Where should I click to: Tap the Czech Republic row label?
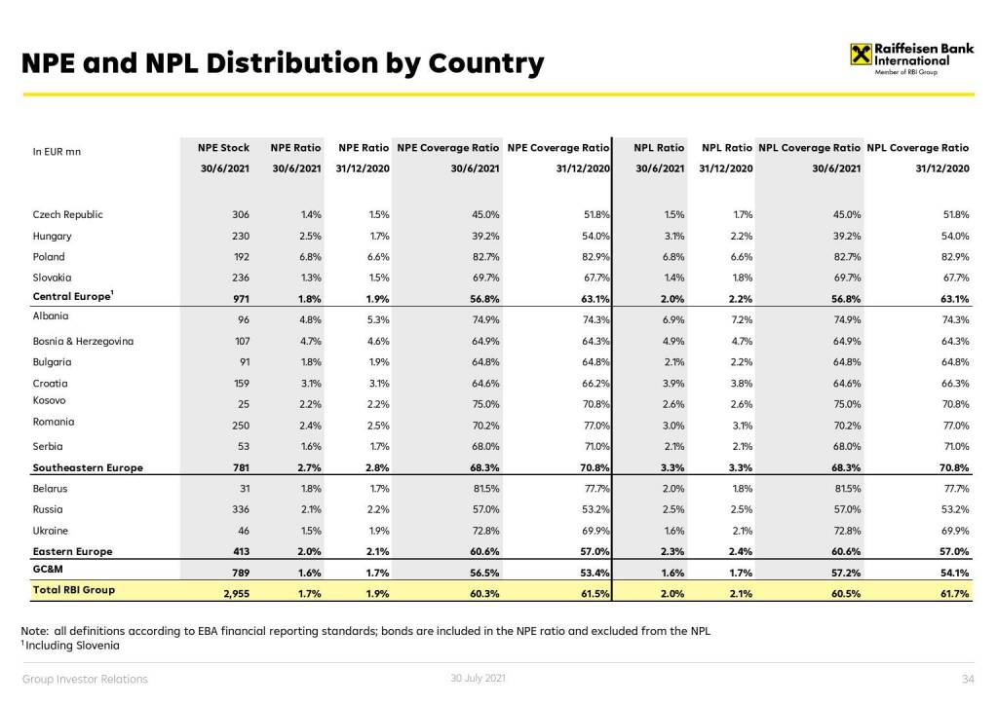point(67,214)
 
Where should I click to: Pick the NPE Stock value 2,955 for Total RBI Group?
point(234,591)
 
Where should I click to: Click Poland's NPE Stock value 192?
point(240,257)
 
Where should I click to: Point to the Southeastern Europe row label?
point(87,467)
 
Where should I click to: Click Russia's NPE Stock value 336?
point(240,509)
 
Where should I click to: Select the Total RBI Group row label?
point(74,590)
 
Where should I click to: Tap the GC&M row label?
point(48,570)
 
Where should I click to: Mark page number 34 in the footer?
point(968,679)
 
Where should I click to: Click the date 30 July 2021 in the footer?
point(479,678)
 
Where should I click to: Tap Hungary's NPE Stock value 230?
point(240,236)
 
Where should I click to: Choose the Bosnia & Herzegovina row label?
point(83,342)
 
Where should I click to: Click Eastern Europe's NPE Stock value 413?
point(240,551)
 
